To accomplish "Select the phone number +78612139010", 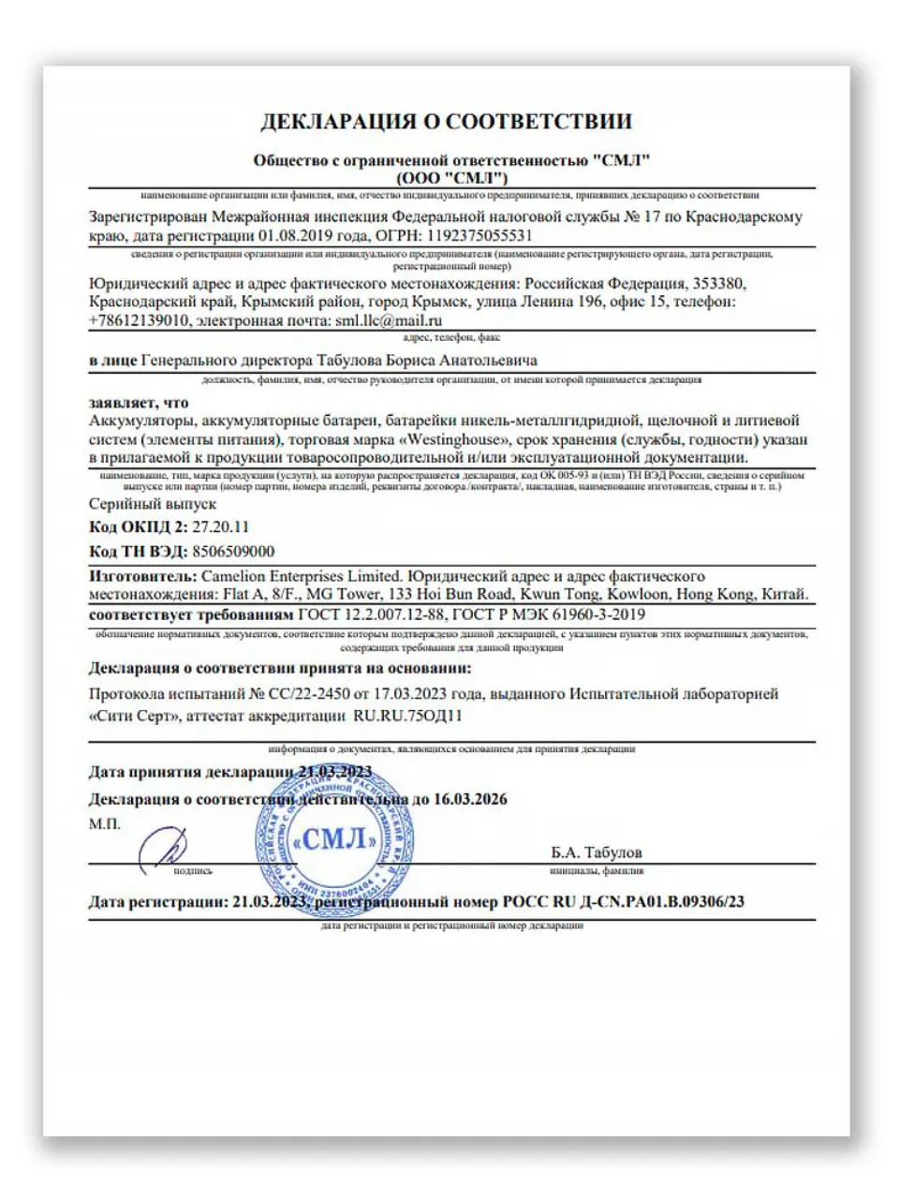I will (x=140, y=319).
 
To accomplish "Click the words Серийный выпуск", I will (x=153, y=504).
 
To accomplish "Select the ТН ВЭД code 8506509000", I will (x=232, y=552).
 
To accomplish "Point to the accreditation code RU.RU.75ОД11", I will (x=407, y=717).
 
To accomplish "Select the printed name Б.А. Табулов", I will (x=597, y=852).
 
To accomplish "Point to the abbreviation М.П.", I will (x=104, y=825).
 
